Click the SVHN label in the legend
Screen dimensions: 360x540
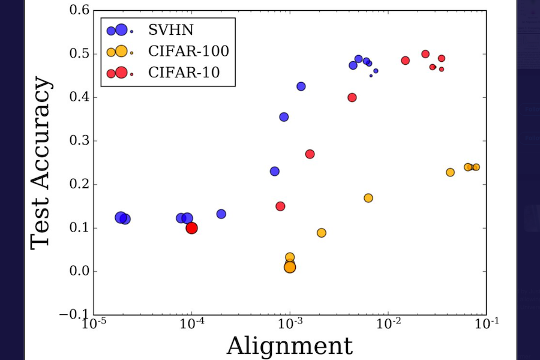click(169, 30)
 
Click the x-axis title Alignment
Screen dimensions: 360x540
click(289, 346)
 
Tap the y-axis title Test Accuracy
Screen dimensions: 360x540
click(41, 162)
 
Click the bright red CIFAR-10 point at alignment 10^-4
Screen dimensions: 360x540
click(192, 228)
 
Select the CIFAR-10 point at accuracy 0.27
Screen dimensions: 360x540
click(310, 154)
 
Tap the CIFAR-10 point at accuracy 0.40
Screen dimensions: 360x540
click(352, 97)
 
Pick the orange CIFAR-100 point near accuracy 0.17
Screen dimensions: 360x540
click(368, 198)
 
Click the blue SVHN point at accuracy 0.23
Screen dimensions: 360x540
click(275, 171)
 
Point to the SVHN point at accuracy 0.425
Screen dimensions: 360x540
click(301, 86)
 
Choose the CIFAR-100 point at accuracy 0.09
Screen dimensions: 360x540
click(322, 233)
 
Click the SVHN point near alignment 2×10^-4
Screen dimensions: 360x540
click(221, 214)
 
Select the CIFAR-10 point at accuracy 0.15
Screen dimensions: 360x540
click(280, 206)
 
